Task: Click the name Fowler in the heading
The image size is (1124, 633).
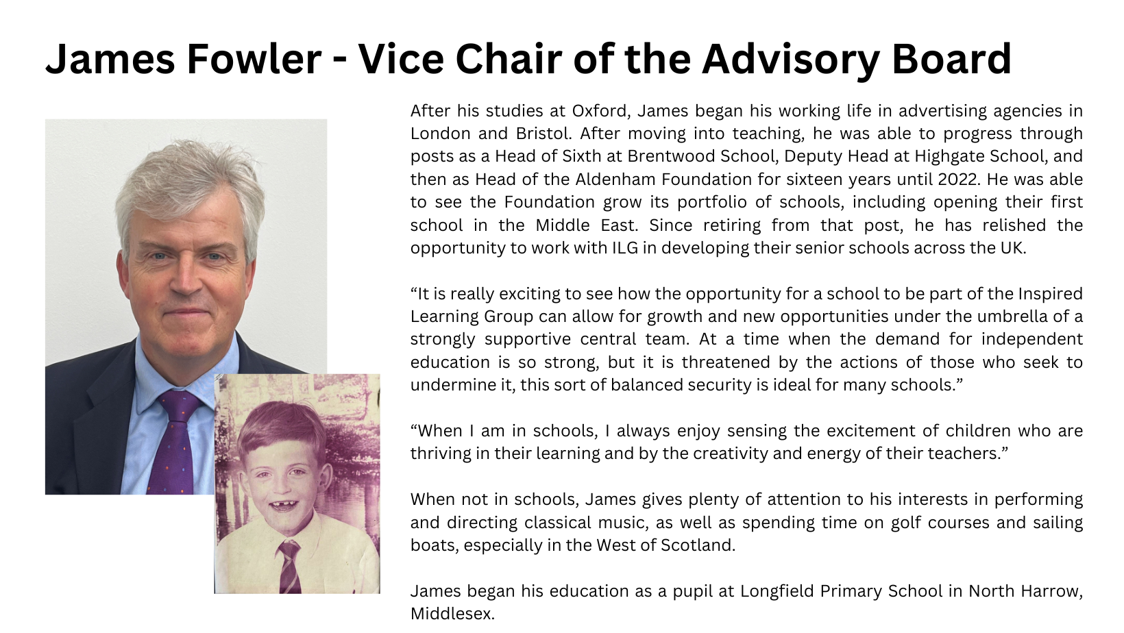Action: (x=253, y=59)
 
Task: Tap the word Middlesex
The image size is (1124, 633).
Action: (x=452, y=614)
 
